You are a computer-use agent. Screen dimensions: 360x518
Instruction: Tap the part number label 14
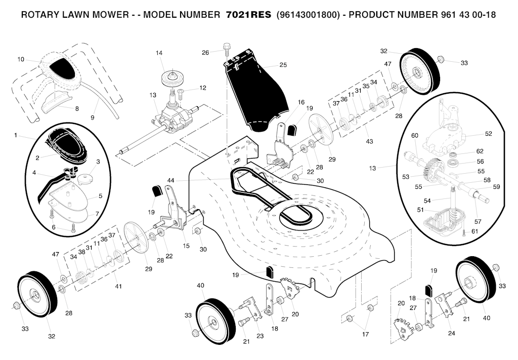[159, 53]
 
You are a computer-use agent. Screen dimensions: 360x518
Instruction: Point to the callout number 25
[283, 65]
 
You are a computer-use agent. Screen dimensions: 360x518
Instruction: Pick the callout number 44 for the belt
[171, 180]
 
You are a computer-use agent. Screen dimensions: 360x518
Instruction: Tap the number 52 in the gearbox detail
[488, 134]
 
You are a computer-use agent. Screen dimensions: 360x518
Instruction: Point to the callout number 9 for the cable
[93, 117]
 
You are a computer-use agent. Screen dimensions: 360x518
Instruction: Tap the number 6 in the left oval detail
[54, 228]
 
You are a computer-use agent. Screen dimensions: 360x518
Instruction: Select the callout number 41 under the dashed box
[118, 287]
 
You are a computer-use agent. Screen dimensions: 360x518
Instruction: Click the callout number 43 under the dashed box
[369, 141]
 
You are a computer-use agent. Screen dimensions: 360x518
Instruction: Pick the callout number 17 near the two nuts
[365, 334]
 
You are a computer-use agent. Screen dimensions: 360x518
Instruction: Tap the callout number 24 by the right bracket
[452, 333]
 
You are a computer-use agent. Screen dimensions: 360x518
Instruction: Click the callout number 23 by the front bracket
[260, 335]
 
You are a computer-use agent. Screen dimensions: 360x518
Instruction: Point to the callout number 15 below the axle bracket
[186, 246]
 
